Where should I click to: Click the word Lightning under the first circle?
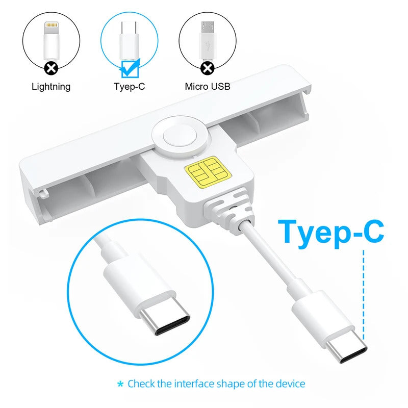pyautogui.click(x=51, y=87)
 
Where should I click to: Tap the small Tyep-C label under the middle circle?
pyautogui.click(x=129, y=87)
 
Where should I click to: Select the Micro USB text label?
pyautogui.click(x=207, y=87)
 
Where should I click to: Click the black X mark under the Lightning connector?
pyautogui.click(x=51, y=68)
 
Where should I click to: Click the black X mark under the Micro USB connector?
pyautogui.click(x=207, y=68)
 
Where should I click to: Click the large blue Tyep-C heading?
pyautogui.click(x=331, y=231)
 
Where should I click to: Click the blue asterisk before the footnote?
pyautogui.click(x=120, y=384)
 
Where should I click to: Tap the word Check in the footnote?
pyautogui.click(x=141, y=384)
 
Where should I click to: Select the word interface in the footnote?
pyautogui.click(x=194, y=384)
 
